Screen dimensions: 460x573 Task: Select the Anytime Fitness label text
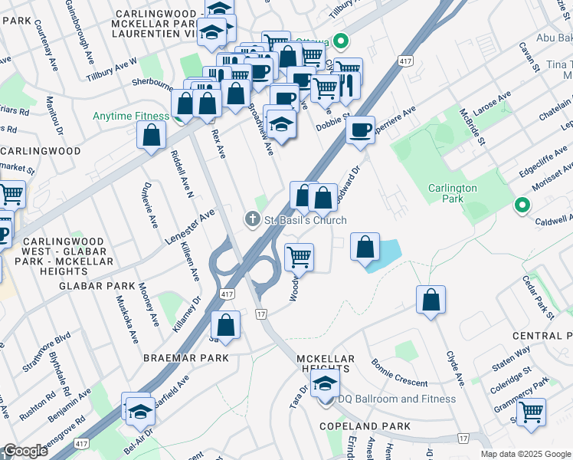[x=130, y=117]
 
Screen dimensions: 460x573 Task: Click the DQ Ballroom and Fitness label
[x=396, y=399]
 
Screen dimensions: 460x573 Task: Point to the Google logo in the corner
[x=25, y=451]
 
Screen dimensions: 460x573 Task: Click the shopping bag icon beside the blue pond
[x=366, y=248]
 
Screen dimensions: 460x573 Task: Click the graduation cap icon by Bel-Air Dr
[x=140, y=412]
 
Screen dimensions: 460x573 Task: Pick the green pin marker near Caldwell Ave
[x=522, y=205]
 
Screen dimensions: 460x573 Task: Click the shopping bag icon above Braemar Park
[x=226, y=324]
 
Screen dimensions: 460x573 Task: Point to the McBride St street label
[x=471, y=126]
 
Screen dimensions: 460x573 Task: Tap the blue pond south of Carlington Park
[x=388, y=251]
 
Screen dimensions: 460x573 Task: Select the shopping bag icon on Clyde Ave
[x=431, y=300]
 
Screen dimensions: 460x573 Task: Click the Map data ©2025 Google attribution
[x=525, y=454]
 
